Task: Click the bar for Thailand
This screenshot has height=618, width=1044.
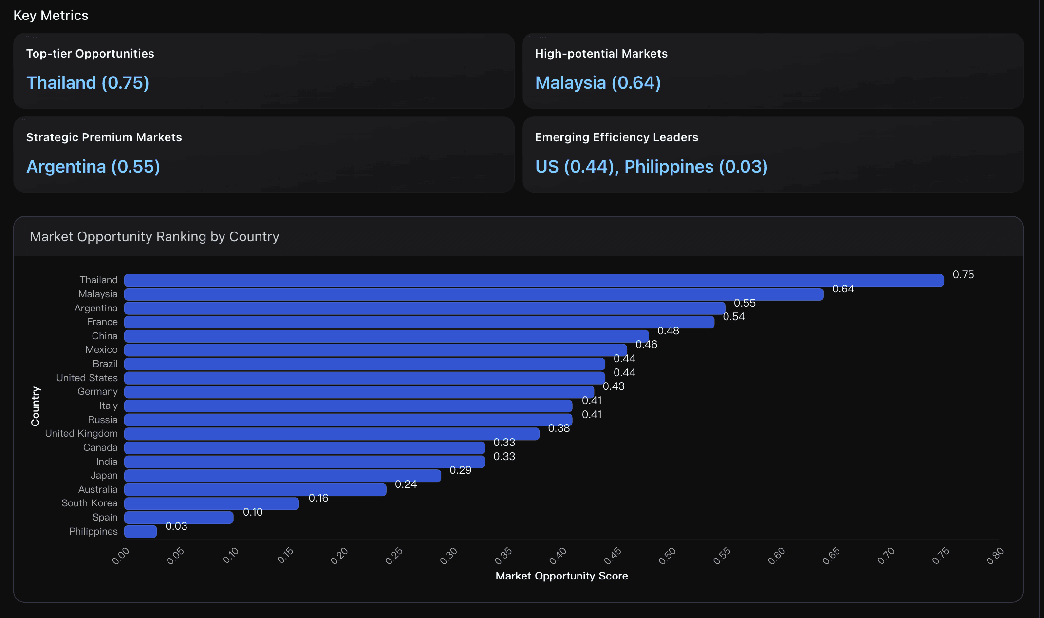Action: click(534, 280)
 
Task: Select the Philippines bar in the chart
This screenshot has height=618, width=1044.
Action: click(141, 531)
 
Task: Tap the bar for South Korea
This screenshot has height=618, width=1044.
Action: click(211, 503)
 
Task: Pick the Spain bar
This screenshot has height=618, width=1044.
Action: click(179, 518)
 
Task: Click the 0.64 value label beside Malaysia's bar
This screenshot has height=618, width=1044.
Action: click(843, 289)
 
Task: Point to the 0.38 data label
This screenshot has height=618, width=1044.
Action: click(559, 428)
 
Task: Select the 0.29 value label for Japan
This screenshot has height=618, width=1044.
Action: click(460, 470)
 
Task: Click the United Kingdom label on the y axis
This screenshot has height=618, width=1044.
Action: click(81, 434)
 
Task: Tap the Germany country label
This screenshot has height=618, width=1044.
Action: click(97, 392)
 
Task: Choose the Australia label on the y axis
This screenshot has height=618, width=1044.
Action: click(98, 489)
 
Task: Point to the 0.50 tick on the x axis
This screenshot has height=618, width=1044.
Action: click(667, 556)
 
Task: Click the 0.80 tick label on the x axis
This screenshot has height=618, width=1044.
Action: click(995, 556)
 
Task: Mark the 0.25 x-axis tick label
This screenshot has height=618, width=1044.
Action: click(394, 556)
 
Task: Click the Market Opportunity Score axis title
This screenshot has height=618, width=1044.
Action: click(561, 576)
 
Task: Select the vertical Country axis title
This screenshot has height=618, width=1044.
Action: click(36, 406)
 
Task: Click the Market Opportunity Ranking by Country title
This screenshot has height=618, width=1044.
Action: click(154, 237)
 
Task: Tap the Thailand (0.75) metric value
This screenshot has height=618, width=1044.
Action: click(88, 83)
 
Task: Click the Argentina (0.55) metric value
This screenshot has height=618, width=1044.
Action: click(93, 167)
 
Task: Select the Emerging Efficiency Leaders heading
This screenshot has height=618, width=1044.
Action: click(616, 137)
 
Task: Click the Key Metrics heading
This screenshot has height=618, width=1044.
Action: click(51, 16)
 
